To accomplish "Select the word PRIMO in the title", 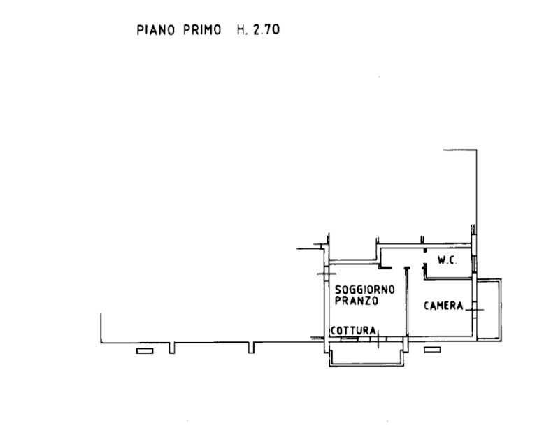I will click(201, 30).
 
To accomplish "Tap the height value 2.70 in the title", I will click(266, 30).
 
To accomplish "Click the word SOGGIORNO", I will click(365, 290).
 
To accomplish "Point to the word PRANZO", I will click(357, 301).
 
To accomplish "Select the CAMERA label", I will click(443, 306).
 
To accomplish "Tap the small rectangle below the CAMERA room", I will click(433, 348).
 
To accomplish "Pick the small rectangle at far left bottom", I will click(145, 350).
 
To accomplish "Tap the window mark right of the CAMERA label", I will click(474, 306).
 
